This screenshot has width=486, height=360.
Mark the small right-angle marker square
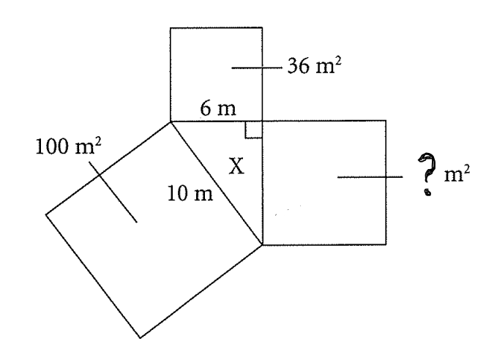coord(253,130)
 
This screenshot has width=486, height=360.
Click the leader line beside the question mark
coord(370,176)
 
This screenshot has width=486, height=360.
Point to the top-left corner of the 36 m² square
coord(171,28)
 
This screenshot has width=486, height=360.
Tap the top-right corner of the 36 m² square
coord(262,28)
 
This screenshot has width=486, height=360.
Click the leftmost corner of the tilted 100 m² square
coord(46,214)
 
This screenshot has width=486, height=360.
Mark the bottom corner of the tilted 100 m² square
coord(140,338)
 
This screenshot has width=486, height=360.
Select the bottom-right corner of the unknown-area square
coord(386,244)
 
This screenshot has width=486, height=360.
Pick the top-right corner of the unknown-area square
coord(386,121)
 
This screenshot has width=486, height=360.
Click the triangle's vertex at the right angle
coord(262,121)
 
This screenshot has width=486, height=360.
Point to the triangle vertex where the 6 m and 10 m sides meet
coord(171,121)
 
